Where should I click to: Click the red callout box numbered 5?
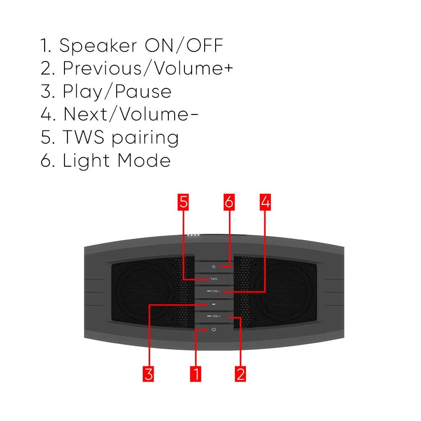click(183, 202)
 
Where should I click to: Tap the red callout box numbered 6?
click(229, 202)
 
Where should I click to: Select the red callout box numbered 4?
click(265, 202)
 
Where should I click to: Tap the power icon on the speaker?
click(214, 329)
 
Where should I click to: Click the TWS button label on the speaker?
click(214, 279)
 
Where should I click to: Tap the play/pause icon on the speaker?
click(214, 304)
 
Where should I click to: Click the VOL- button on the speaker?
click(214, 291)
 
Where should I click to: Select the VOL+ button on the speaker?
click(214, 316)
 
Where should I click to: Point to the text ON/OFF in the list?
click(184, 45)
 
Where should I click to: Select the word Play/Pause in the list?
click(117, 92)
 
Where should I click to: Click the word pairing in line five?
click(145, 138)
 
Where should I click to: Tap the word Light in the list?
click(87, 161)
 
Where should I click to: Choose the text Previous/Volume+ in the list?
click(147, 69)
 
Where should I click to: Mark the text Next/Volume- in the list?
click(131, 115)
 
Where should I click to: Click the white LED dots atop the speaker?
click(193, 235)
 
